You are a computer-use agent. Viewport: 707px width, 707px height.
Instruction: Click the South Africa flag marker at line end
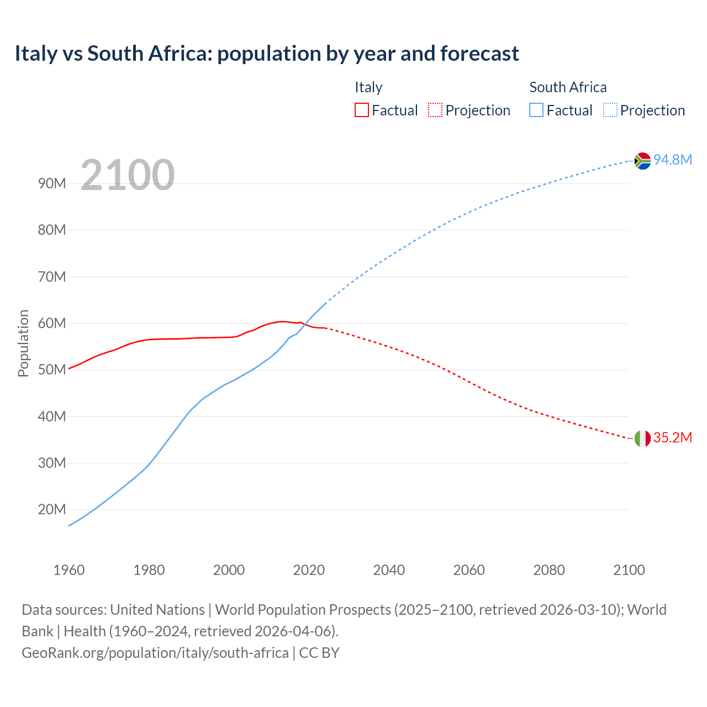pos(642,161)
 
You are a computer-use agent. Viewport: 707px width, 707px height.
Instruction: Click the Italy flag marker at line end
pos(642,439)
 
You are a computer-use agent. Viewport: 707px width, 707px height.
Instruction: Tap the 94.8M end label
pos(672,160)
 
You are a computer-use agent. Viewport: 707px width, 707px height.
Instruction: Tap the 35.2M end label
pos(672,437)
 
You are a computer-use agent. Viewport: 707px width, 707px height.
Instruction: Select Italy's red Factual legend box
pos(361,110)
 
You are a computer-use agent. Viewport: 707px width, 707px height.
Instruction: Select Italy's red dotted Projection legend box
pos(435,110)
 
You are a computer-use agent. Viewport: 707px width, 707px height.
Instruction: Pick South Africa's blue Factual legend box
pos(536,110)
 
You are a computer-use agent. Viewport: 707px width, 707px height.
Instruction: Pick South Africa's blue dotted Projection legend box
pos(610,110)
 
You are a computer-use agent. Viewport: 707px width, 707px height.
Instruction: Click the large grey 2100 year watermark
pos(128,175)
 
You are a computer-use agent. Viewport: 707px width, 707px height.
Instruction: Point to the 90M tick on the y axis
pos(52,183)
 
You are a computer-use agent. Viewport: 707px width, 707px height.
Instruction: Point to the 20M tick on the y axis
pos(52,509)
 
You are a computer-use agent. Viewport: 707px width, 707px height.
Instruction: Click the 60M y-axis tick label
pos(52,323)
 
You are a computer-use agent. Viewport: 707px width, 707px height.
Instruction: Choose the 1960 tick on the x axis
pos(69,570)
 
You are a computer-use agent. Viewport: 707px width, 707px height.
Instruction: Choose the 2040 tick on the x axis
pos(389,570)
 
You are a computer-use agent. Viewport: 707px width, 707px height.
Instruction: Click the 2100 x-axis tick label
pos(629,570)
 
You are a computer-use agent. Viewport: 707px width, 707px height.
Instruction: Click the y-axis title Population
pos(23,343)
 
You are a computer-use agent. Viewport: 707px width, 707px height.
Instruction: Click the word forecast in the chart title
pos(479,54)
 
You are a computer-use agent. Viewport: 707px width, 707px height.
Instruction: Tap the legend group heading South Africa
pos(568,87)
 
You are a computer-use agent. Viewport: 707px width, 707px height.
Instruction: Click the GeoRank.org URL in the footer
pos(155,653)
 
